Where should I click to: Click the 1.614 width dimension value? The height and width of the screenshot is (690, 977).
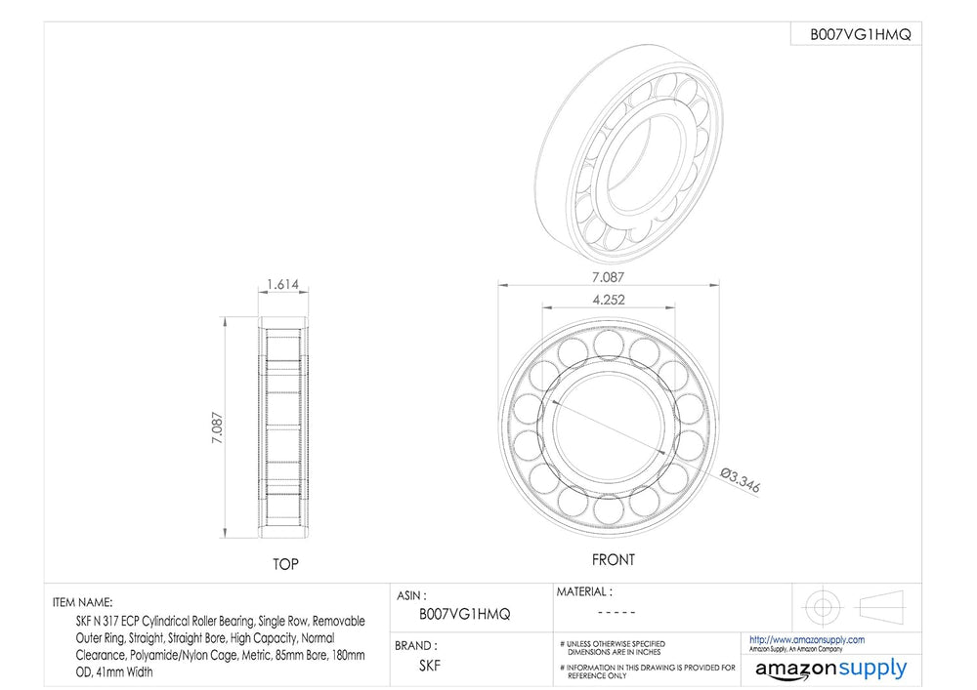[x=283, y=284]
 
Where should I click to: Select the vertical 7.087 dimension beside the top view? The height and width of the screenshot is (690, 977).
[x=218, y=427]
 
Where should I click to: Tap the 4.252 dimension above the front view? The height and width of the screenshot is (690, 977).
[x=608, y=300]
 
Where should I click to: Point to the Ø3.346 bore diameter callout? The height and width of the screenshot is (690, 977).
[x=741, y=480]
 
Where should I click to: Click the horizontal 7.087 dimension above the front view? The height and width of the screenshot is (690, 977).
[x=608, y=277]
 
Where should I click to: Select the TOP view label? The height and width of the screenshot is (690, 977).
[x=285, y=564]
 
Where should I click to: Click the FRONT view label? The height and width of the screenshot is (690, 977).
[x=614, y=560]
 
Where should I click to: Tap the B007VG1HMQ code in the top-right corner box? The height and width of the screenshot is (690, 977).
[x=860, y=35]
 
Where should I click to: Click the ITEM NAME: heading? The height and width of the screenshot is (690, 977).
[x=83, y=602]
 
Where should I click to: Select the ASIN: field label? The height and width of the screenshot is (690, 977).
[x=412, y=596]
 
